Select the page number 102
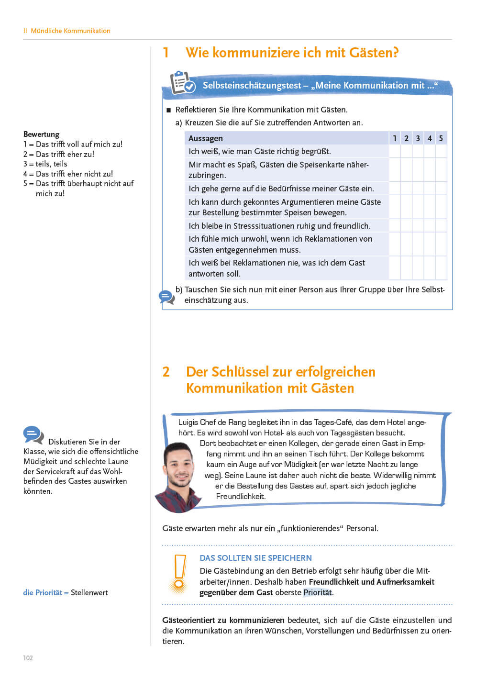click(28, 658)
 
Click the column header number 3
click(418, 138)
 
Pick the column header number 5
click(441, 138)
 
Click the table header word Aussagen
click(205, 138)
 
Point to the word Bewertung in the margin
click(41, 134)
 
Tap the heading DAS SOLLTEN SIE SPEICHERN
click(255, 558)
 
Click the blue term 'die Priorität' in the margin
click(43, 592)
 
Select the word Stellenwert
click(89, 592)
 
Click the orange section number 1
click(166, 53)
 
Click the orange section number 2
click(166, 372)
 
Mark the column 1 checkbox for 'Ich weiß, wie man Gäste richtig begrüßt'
click(395, 151)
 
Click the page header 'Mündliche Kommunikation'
click(70, 31)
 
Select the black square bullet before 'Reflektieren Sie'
click(168, 110)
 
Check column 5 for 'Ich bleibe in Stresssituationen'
click(441, 226)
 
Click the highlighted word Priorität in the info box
click(317, 592)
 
